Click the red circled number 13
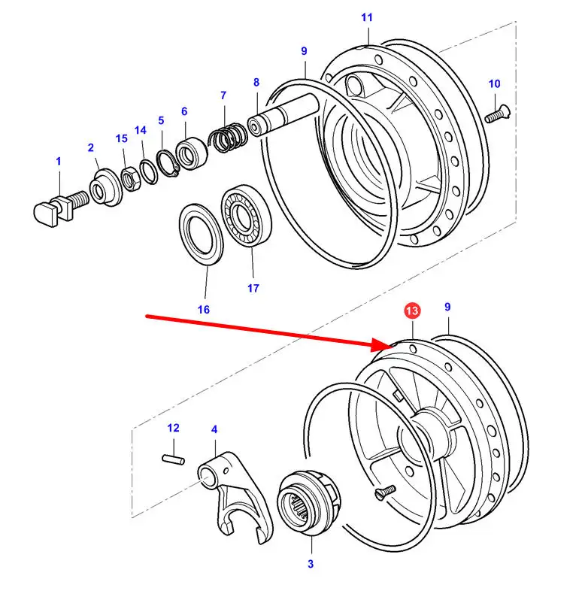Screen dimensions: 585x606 [x=412, y=311]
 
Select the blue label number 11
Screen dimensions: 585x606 [x=367, y=17]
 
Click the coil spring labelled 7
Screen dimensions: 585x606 [x=228, y=138]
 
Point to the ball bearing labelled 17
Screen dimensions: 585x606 [x=246, y=216]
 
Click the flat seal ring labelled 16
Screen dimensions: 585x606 [x=201, y=235]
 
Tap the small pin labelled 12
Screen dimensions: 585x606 [x=173, y=460]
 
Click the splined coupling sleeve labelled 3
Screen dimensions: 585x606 [x=309, y=503]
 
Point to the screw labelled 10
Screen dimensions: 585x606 [x=498, y=114]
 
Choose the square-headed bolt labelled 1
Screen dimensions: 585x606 [x=61, y=208]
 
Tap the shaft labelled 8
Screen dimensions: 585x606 [x=283, y=114]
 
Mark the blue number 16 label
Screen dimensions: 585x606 [x=204, y=310]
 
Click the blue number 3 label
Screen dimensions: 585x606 [x=311, y=564]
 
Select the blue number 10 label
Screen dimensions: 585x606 [x=494, y=84]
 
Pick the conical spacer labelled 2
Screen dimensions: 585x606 [x=105, y=187]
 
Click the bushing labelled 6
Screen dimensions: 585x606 [x=192, y=153]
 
